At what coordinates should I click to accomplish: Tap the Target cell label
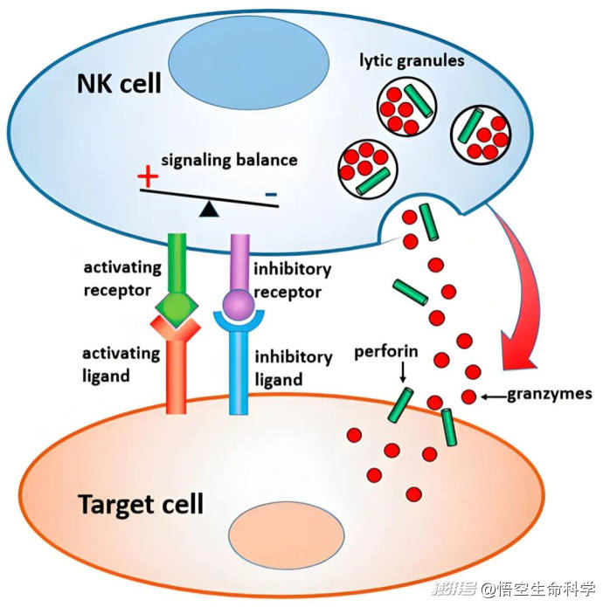[141, 504]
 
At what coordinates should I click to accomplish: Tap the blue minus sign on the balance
[272, 193]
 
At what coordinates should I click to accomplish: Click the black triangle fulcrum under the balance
[207, 208]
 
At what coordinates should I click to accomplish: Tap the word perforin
[386, 355]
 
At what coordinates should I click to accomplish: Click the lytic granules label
[412, 61]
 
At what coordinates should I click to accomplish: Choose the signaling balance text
[230, 160]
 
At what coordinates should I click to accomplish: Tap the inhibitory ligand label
[293, 368]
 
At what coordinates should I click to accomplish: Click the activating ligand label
[121, 364]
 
